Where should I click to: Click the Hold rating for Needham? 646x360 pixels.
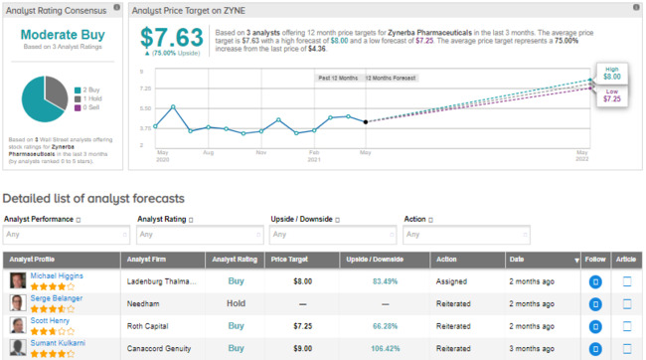[x=236, y=303]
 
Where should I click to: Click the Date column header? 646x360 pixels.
[x=517, y=260]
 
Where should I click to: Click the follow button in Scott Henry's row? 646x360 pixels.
[x=595, y=326]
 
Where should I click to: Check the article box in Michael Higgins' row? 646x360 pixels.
[x=627, y=281]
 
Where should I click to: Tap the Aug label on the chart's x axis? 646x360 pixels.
[x=208, y=153]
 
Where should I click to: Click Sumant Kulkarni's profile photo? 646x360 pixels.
[x=18, y=348]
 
